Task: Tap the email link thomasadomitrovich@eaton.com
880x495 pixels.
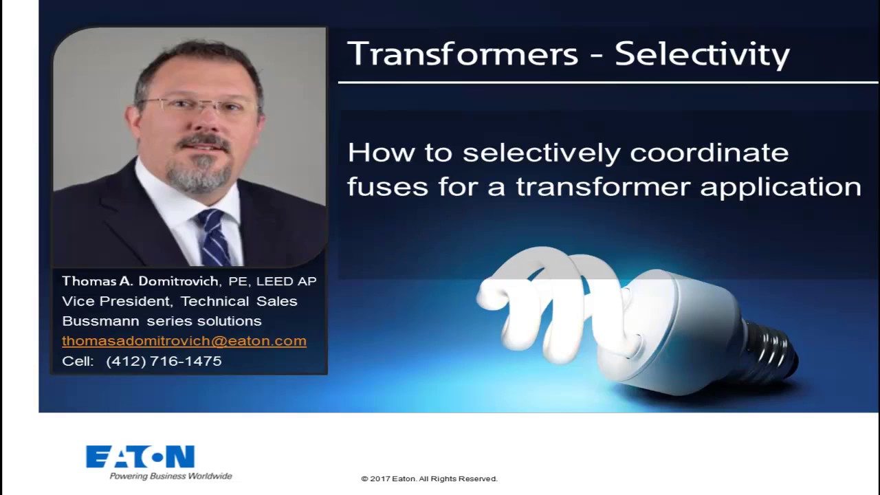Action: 184,341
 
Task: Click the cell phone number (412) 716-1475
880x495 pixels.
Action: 164,361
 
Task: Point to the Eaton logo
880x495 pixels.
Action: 140,457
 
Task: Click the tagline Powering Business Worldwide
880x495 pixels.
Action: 170,476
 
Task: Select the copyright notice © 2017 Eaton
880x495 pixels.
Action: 429,478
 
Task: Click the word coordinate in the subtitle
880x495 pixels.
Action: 709,153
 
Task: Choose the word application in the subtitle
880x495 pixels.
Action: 780,187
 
